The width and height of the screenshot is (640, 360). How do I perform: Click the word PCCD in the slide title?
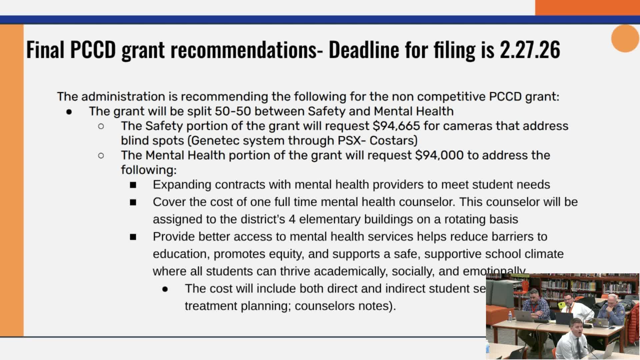(x=93, y=50)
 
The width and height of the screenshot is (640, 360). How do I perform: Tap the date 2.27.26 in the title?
(x=530, y=50)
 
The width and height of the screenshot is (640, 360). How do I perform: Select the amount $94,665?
(x=396, y=126)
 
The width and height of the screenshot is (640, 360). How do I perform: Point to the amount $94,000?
(x=439, y=155)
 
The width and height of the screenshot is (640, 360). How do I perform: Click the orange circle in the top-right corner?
(x=625, y=38)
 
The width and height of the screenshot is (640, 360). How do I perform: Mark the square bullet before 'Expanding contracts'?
(x=133, y=185)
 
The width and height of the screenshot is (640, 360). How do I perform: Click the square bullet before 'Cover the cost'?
(x=133, y=202)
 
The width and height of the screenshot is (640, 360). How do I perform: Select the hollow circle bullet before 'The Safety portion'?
(x=101, y=126)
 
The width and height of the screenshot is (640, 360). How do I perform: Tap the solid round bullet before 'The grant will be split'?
(x=69, y=112)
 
